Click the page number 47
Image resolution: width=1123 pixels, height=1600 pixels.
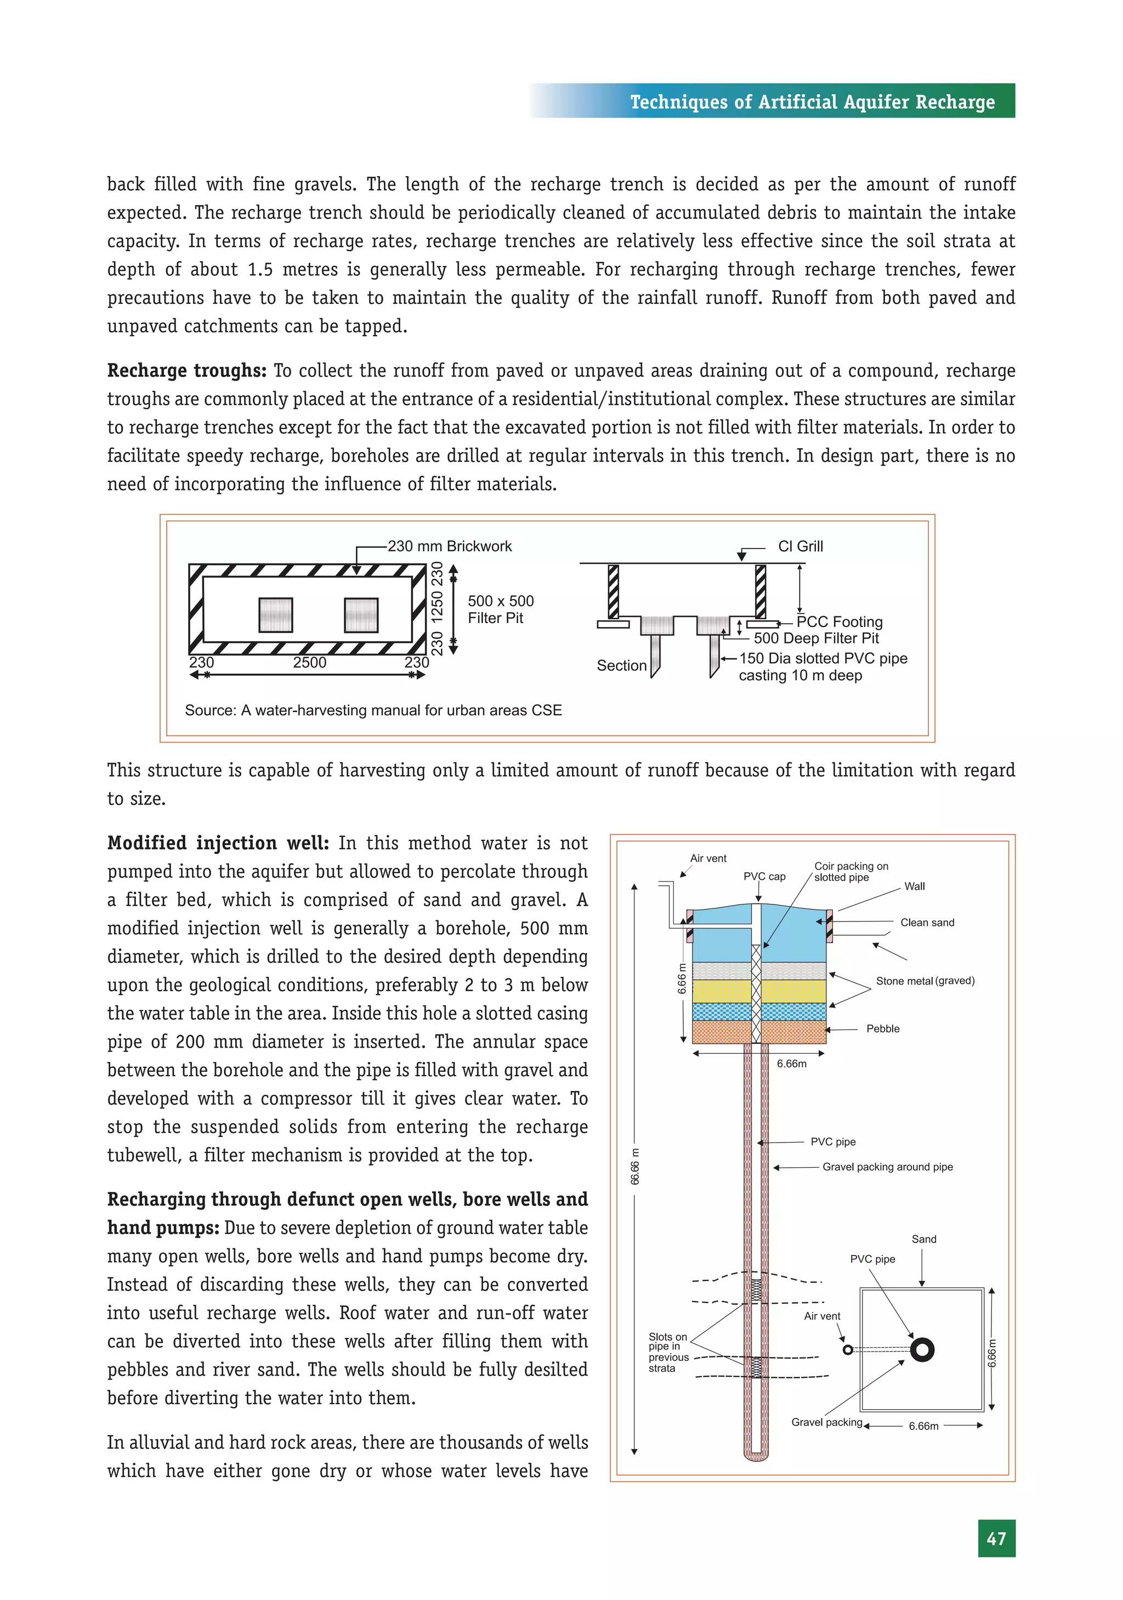point(996,1538)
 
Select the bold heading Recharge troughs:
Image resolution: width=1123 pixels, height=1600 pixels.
point(186,371)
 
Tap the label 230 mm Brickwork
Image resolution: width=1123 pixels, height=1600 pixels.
point(449,546)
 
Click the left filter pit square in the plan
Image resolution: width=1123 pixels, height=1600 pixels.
point(276,615)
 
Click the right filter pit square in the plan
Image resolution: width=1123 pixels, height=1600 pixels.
point(361,615)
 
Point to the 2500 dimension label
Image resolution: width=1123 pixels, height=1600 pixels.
point(309,663)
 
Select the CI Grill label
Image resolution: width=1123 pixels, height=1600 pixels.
point(800,546)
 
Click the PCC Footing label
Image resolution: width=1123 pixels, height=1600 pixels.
point(839,621)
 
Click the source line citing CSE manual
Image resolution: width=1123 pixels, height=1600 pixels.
point(373,710)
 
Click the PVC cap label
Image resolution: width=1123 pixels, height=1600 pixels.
point(764,877)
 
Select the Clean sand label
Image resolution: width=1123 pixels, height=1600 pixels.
point(927,923)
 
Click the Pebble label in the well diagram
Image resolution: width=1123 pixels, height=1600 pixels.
point(883,1028)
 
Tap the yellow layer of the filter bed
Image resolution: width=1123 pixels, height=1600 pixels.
point(722,991)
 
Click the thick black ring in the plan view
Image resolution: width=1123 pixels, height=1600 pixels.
point(922,1350)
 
